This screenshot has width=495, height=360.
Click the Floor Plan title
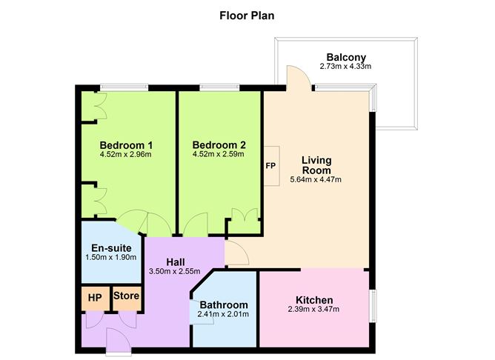pyautogui.click(x=247, y=16)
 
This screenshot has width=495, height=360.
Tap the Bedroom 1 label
pyautogui.click(x=126, y=145)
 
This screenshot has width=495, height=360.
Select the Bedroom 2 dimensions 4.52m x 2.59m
pyautogui.click(x=218, y=154)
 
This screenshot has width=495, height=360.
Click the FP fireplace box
pyautogui.click(x=271, y=166)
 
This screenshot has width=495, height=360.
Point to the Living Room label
pyautogui.click(x=316, y=165)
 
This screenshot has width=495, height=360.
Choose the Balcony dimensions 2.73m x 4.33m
pyautogui.click(x=345, y=66)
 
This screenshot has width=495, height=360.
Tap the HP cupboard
pyautogui.click(x=96, y=298)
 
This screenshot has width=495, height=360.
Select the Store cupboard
pyautogui.click(x=127, y=298)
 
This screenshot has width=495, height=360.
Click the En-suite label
pyautogui.click(x=111, y=247)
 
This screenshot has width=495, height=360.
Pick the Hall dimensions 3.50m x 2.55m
pyautogui.click(x=174, y=271)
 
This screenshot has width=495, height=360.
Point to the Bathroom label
pyautogui.click(x=224, y=304)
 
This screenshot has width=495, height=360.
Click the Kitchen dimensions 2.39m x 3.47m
pyautogui.click(x=313, y=309)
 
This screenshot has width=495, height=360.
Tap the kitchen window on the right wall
pyautogui.click(x=373, y=306)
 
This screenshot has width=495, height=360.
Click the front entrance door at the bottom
pyautogui.click(x=118, y=341)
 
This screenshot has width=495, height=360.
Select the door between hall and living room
pyautogui.click(x=236, y=253)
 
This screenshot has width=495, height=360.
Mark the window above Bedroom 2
pyautogui.click(x=220, y=87)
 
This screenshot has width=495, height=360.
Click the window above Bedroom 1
pyautogui.click(x=124, y=87)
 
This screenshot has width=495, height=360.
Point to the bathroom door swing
pyautogui.click(x=202, y=312)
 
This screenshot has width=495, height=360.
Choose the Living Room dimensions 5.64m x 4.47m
pyautogui.click(x=316, y=179)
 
